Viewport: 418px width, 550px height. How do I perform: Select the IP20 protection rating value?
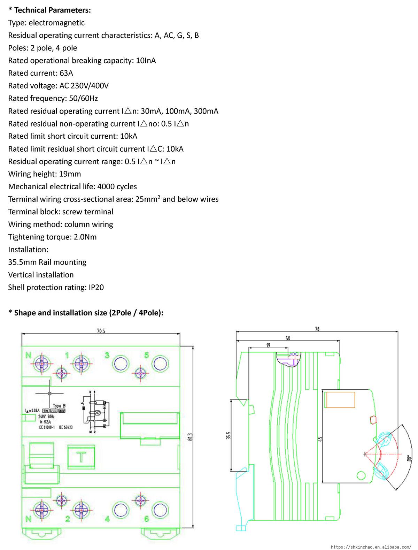[96, 288]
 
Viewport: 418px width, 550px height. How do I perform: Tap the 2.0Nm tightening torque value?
[85, 237]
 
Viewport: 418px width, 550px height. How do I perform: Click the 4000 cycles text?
[117, 187]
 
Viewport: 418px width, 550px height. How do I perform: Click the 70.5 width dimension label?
[101, 331]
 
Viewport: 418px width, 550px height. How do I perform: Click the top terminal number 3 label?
[108, 356]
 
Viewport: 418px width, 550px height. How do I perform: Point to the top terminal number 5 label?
[147, 356]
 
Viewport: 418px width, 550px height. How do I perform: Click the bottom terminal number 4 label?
[108, 519]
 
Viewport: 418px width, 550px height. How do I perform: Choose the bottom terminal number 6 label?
[147, 519]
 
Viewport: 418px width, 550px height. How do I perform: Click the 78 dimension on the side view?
[317, 329]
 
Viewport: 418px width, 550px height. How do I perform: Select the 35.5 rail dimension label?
[229, 436]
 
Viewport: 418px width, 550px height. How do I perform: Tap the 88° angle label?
[410, 457]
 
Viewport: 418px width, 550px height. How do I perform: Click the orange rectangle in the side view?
[340, 399]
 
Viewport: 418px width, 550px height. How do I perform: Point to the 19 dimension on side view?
[268, 345]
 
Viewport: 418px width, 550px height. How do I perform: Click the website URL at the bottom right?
[370, 547]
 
